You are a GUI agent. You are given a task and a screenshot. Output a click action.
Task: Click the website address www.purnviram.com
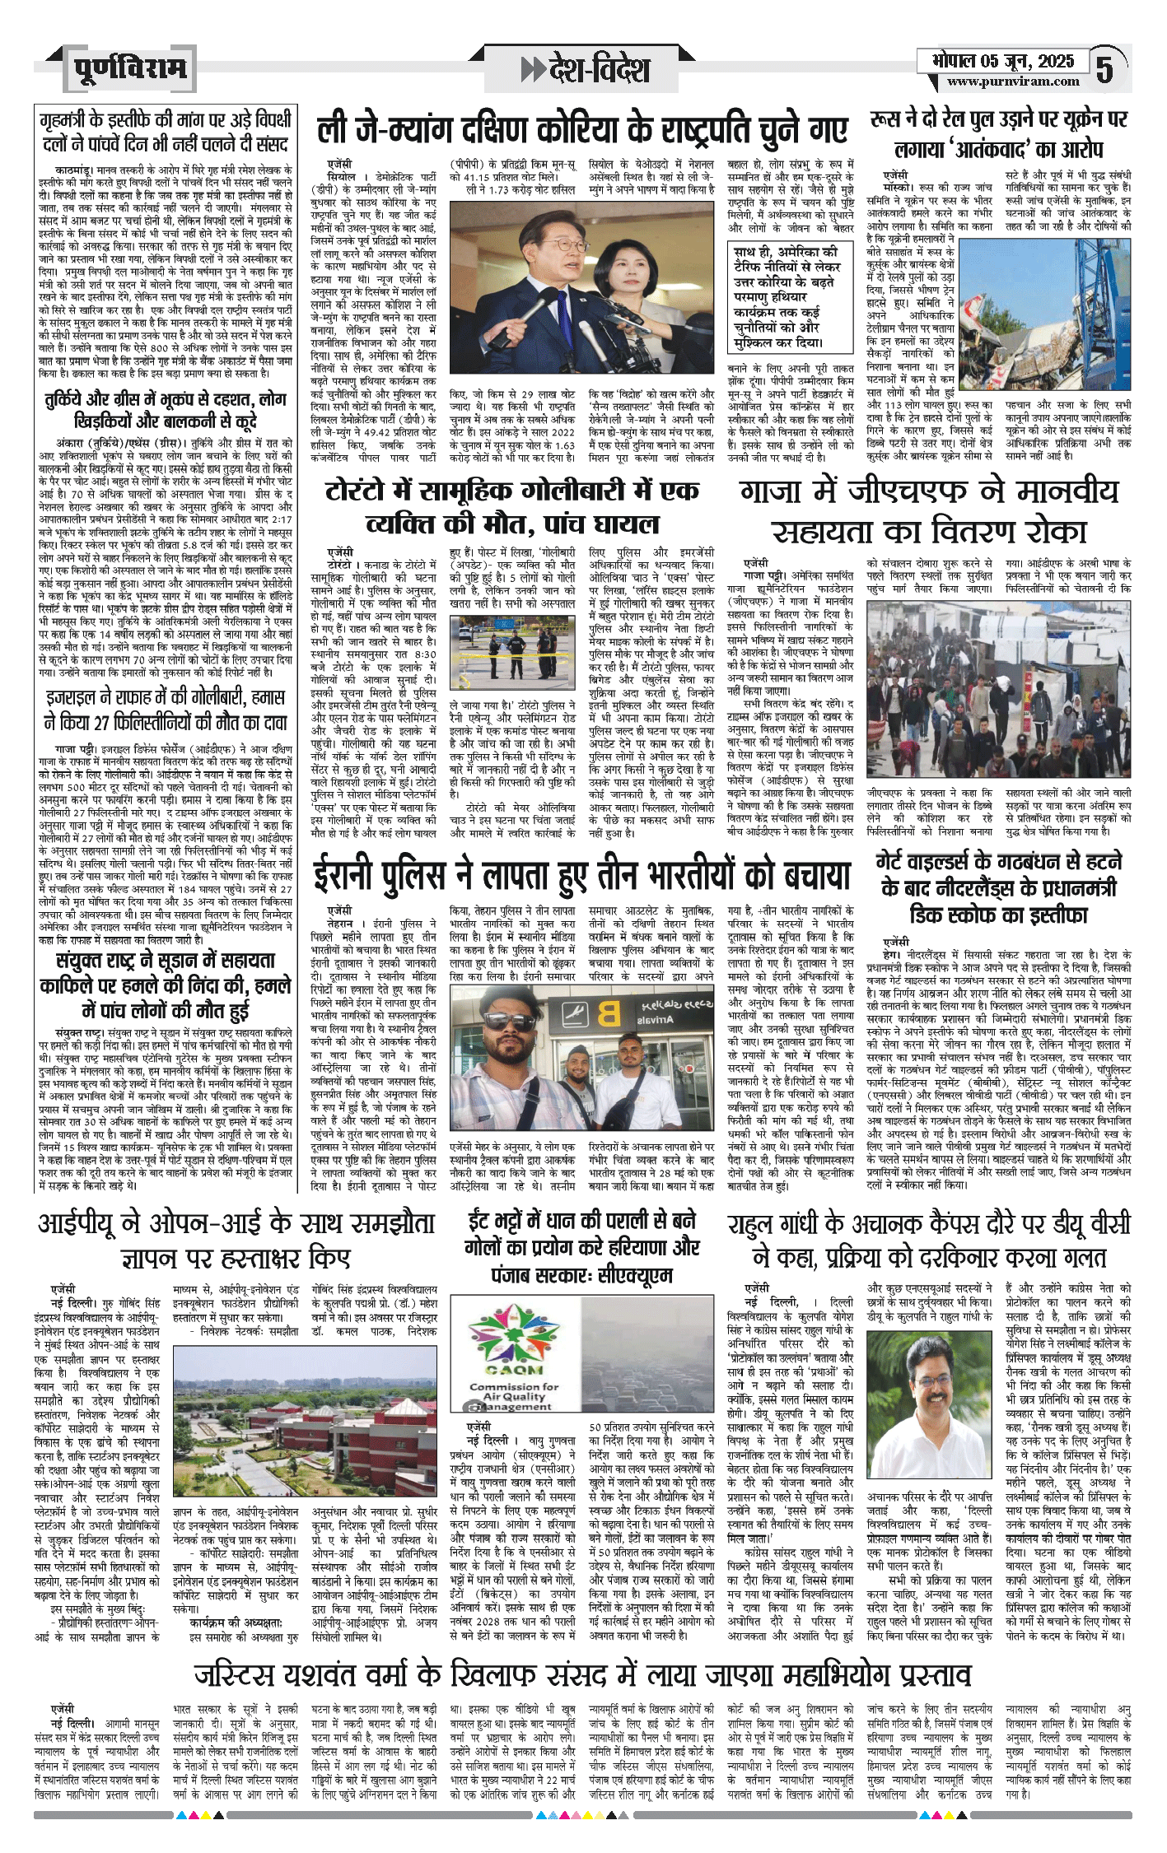coord(1012,81)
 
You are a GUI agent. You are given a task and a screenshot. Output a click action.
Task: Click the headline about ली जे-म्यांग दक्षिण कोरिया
coord(582,130)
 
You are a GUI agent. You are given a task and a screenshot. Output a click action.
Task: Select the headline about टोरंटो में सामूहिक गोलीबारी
coord(512,507)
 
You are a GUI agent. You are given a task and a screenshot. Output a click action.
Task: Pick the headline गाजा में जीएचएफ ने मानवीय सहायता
coord(928,511)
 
